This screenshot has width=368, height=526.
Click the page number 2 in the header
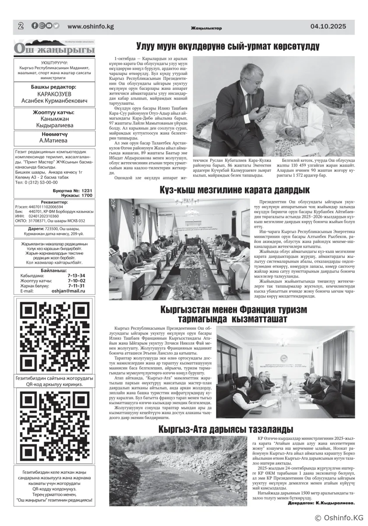click(20, 26)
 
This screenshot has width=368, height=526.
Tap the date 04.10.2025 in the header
click(328, 26)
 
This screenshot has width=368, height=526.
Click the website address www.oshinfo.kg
click(91, 26)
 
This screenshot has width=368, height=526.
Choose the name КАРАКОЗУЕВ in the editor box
click(54, 94)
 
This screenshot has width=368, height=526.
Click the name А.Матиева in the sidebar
click(54, 141)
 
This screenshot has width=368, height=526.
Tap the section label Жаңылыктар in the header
click(206, 28)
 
